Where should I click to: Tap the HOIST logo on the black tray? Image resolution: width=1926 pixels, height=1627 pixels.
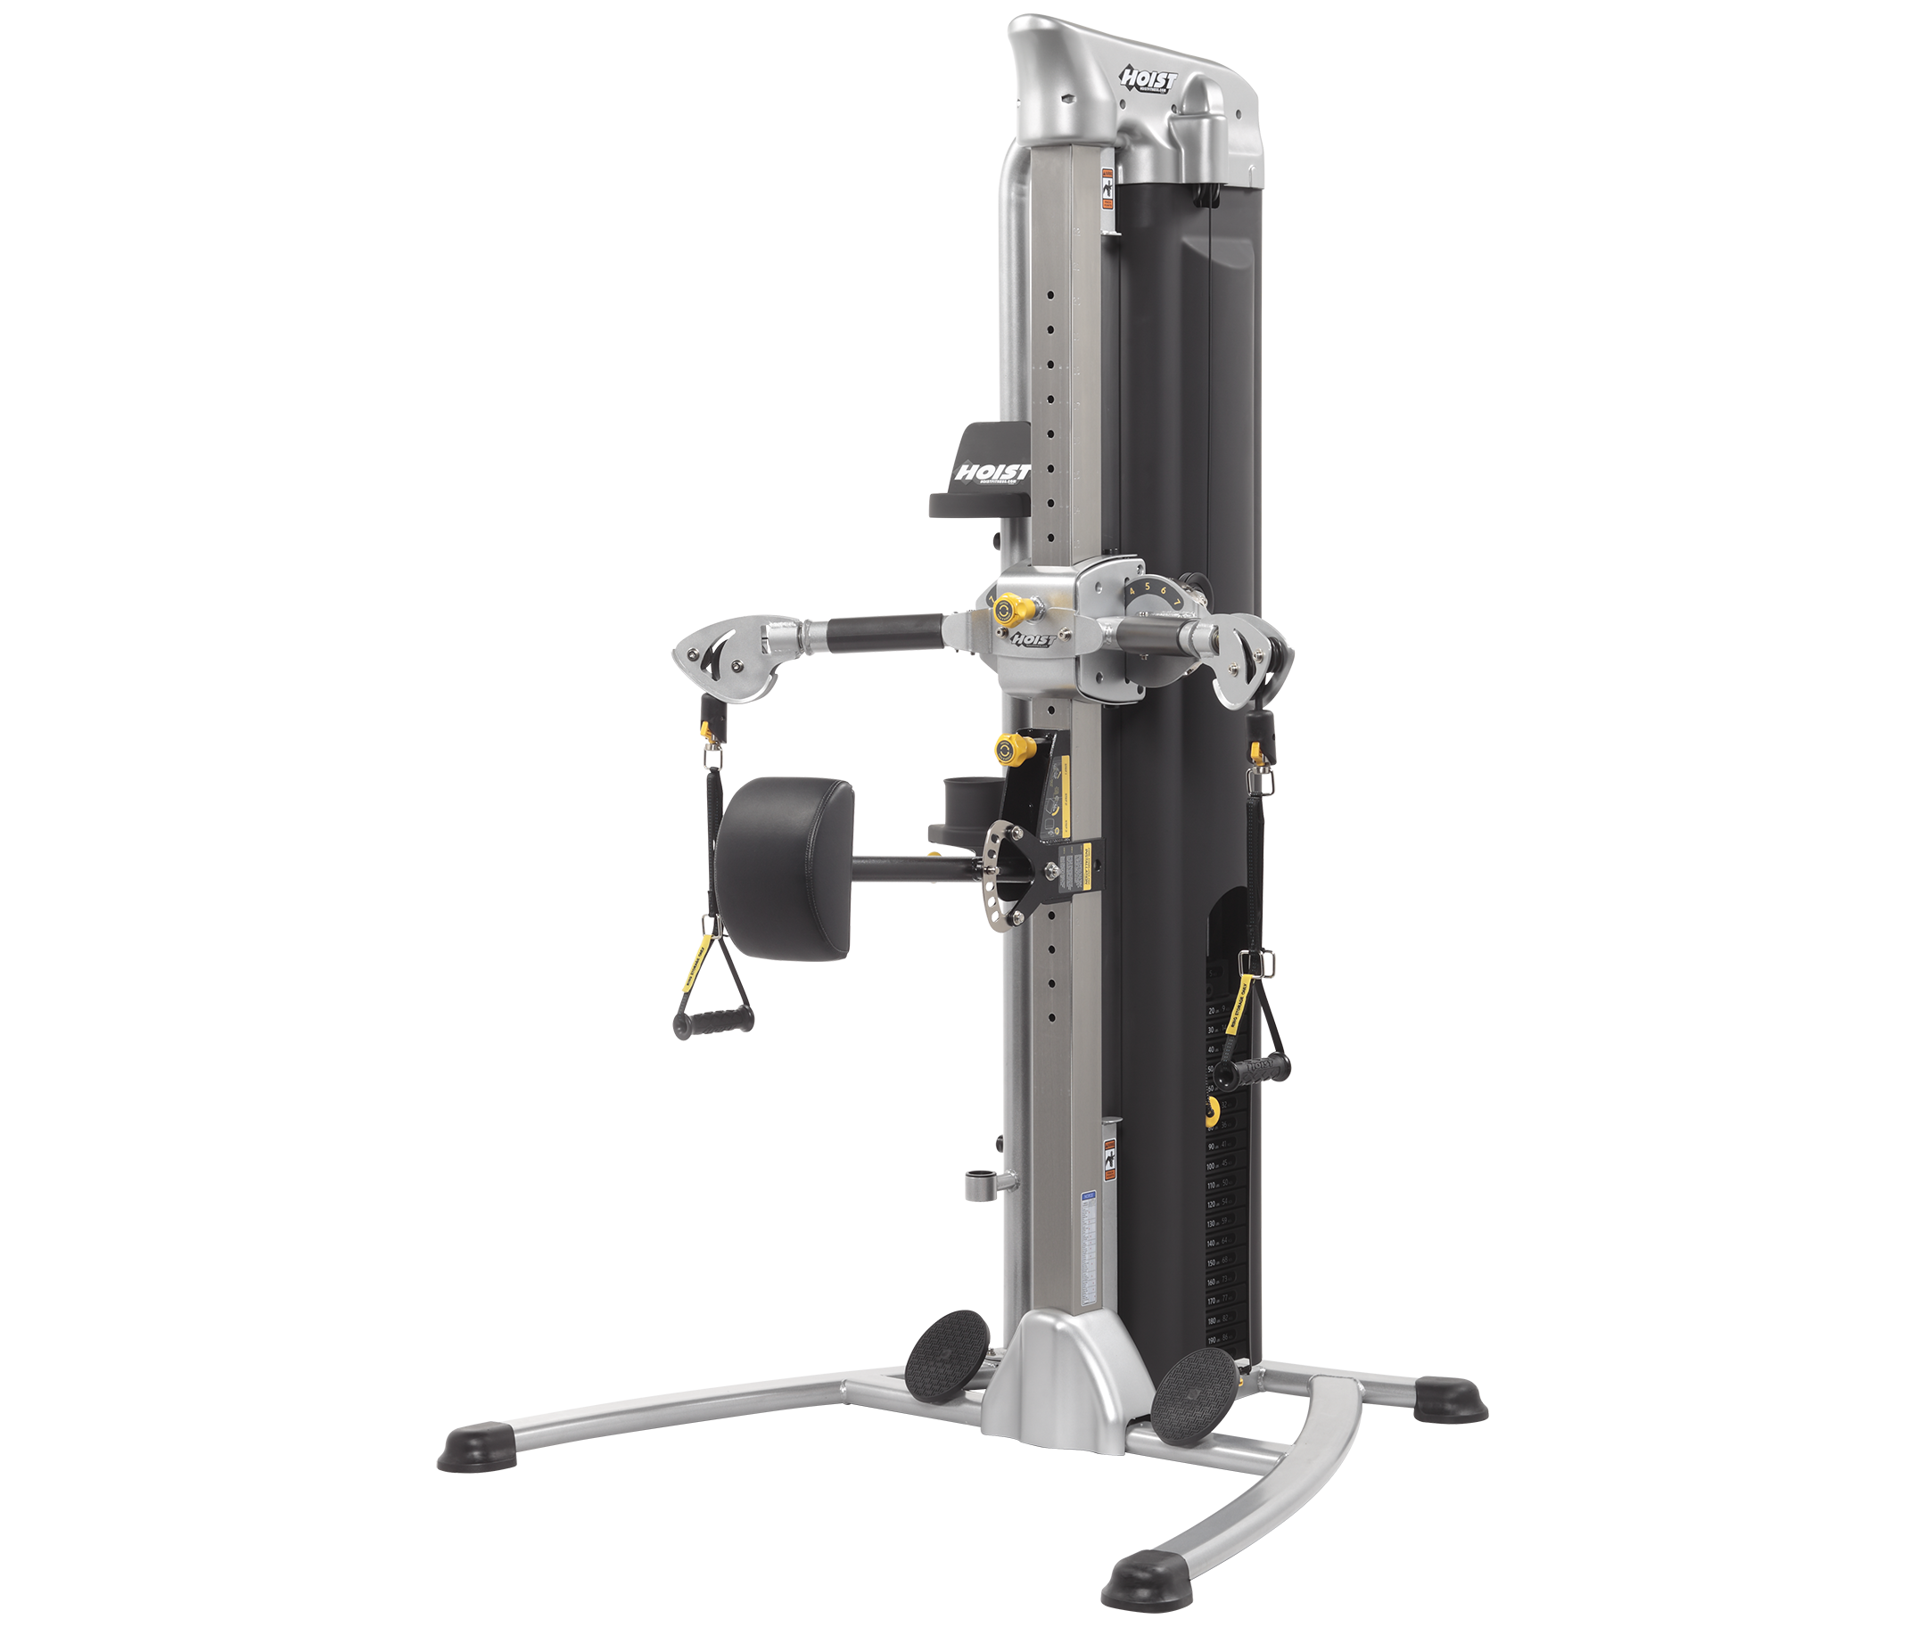coord(992,473)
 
